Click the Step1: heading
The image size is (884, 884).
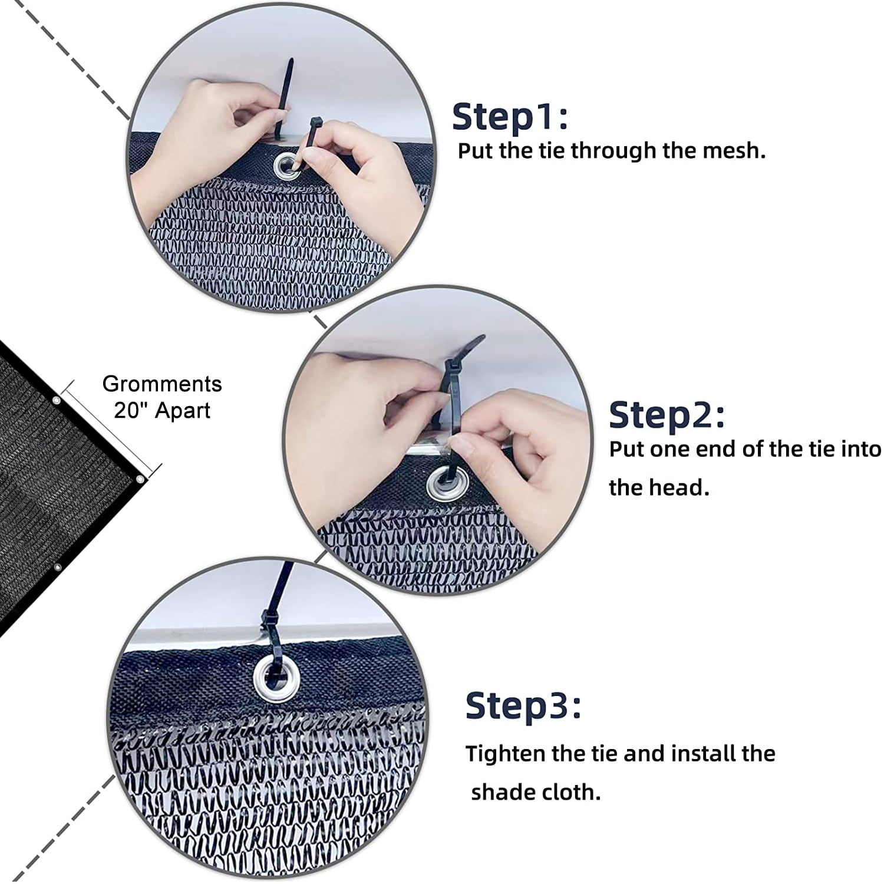[510, 116]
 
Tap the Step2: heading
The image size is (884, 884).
[667, 415]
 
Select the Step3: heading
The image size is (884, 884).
[523, 705]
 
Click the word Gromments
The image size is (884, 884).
[162, 384]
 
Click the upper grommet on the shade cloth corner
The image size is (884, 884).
[57, 401]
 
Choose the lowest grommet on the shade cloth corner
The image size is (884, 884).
[58, 568]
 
